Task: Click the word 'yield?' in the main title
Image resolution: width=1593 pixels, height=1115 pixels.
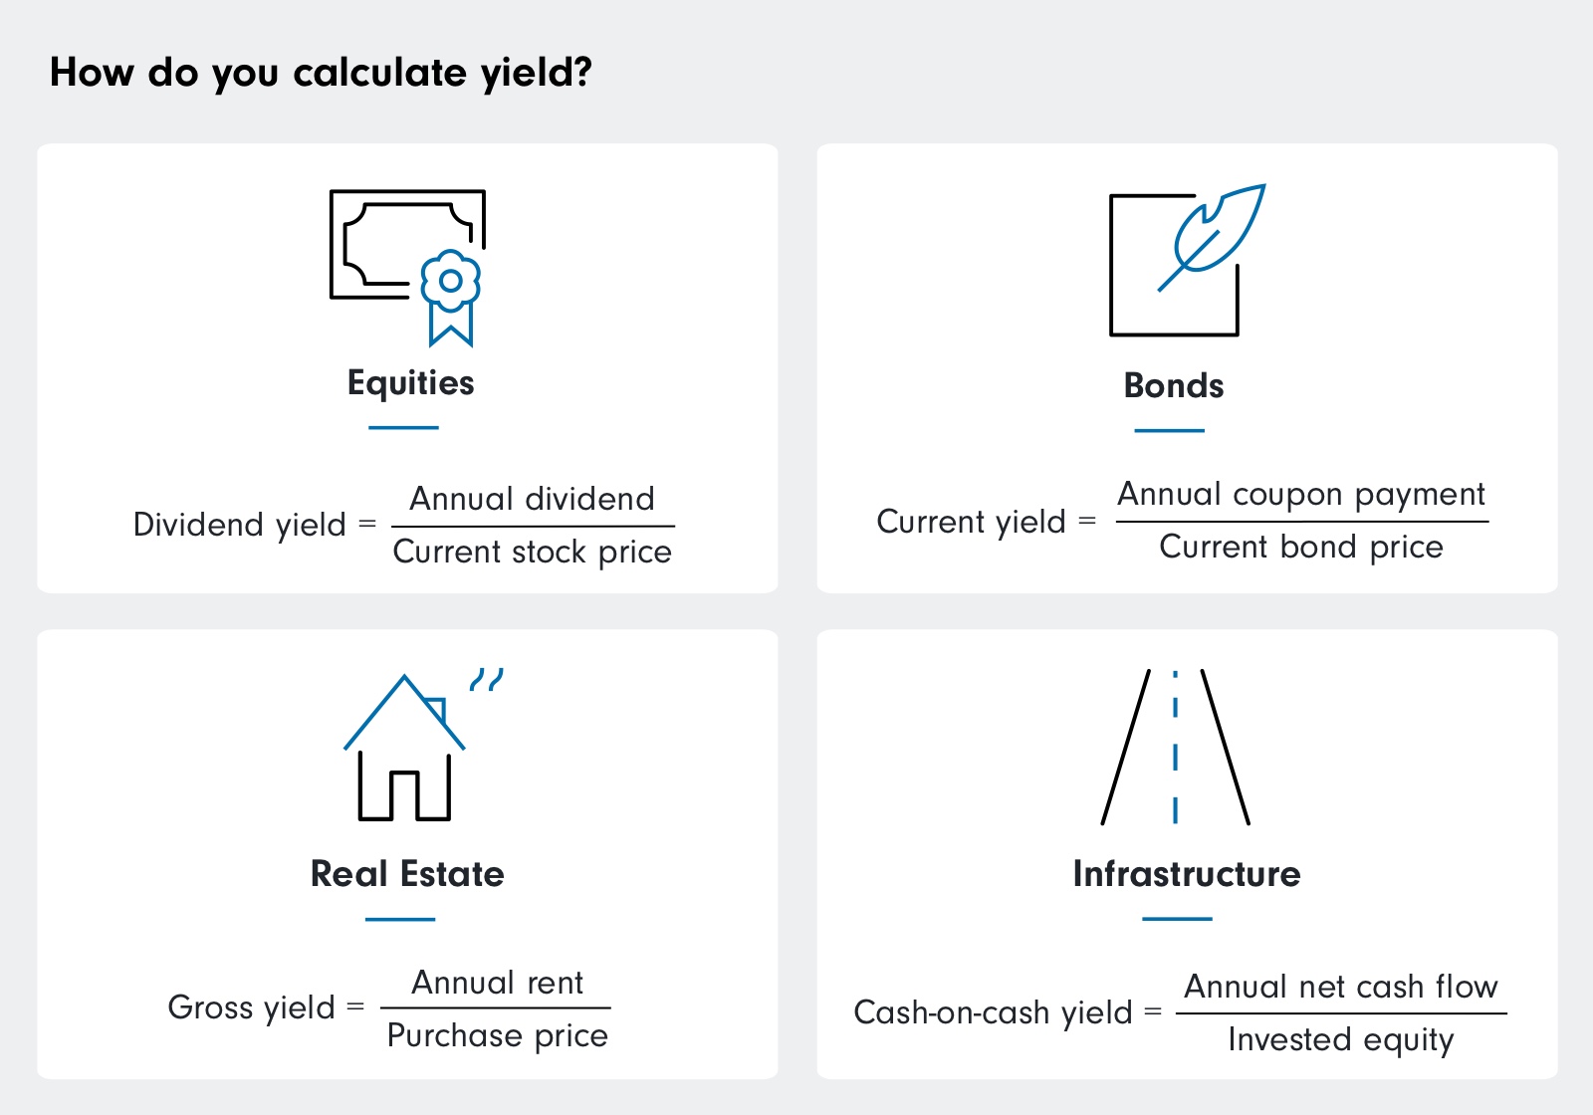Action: [x=536, y=74]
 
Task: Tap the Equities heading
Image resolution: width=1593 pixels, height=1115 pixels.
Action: [x=410, y=383]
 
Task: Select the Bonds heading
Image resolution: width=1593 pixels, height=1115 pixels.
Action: [x=1173, y=386]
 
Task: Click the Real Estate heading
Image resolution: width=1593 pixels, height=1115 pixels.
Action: [x=407, y=874]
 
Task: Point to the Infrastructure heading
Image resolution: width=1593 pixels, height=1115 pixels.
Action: [x=1186, y=874]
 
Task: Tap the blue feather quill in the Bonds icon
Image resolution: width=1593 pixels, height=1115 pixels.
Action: [x=1217, y=231]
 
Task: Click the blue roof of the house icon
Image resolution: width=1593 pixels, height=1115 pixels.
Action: [x=403, y=710]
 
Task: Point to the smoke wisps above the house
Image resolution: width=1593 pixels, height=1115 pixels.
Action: [x=487, y=679]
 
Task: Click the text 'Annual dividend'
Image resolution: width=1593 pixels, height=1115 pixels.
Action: [x=533, y=499]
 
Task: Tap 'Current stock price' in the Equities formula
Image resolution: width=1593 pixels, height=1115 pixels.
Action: [x=533, y=553]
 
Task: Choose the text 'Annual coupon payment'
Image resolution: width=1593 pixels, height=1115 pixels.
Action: [x=1300, y=495]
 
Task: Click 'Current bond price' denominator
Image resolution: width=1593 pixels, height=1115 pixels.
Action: [x=1300, y=548]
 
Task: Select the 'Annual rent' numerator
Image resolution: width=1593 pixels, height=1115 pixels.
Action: [x=497, y=984]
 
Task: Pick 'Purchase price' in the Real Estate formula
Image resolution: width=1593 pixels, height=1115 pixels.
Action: [x=497, y=1036]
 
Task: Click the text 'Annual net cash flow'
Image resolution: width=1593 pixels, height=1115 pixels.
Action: [x=1340, y=987]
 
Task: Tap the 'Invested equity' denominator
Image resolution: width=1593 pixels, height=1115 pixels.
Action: [x=1340, y=1040]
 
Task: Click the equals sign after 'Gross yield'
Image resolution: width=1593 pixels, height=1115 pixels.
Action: [x=355, y=1007]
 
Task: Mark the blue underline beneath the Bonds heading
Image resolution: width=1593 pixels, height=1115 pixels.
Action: [x=1169, y=431]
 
